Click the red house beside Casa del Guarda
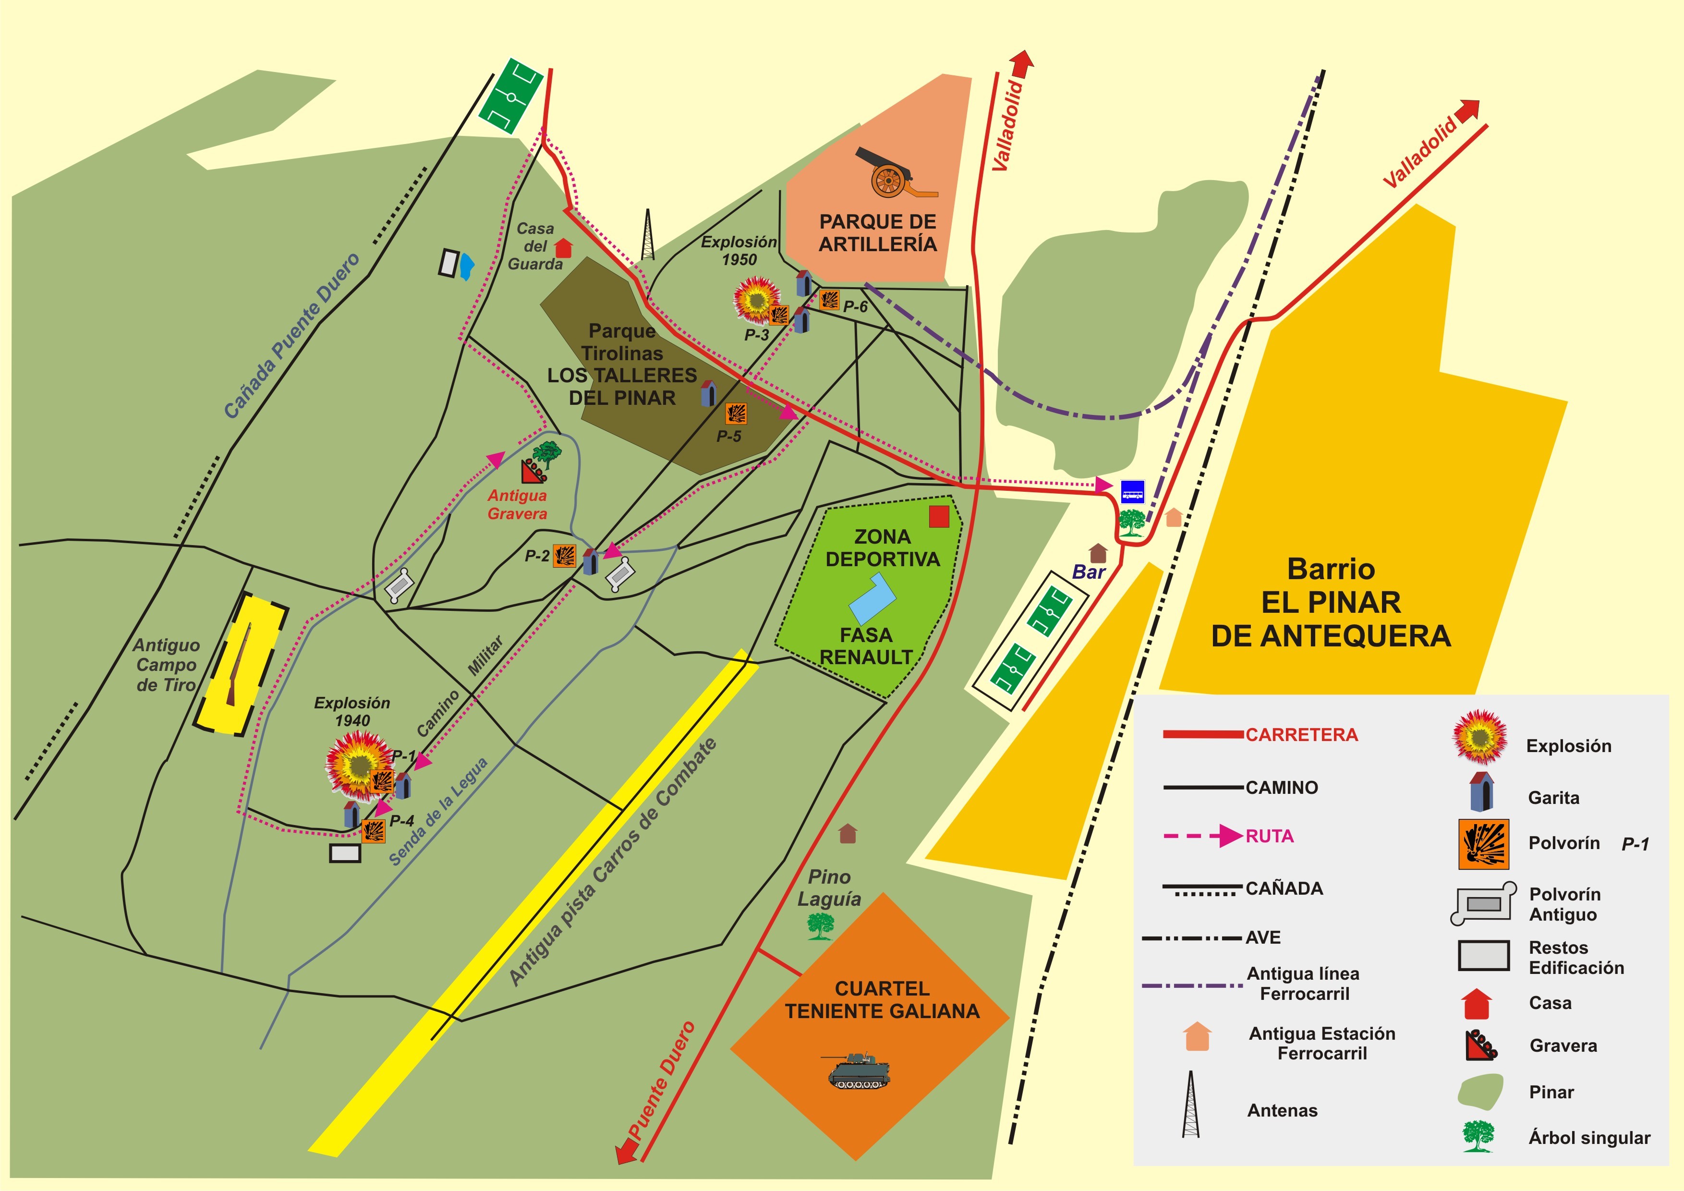pyautogui.click(x=563, y=248)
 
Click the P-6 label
pyautogui.click(x=855, y=306)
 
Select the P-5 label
pyautogui.click(x=728, y=437)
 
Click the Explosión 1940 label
pyautogui.click(x=352, y=711)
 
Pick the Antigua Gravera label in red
pyautogui.click(x=517, y=505)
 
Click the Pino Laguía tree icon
pyautogui.click(x=821, y=926)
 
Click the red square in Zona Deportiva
pyautogui.click(x=939, y=516)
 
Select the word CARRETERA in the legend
pyautogui.click(x=1301, y=735)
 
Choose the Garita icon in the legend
pyautogui.click(x=1481, y=791)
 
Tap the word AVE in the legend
pyautogui.click(x=1263, y=938)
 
